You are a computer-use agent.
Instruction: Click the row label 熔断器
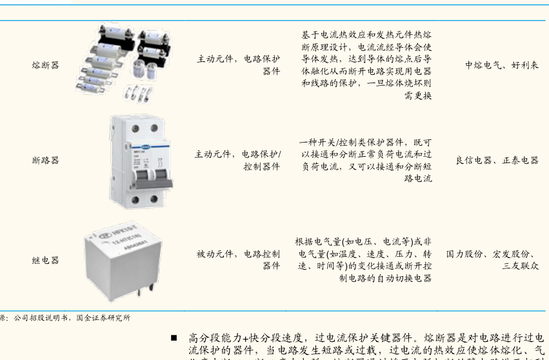coord(45,65)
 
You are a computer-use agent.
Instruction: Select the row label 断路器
coord(45,160)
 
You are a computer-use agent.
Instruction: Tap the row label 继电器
coord(45,260)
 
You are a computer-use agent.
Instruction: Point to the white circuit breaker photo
coord(141,161)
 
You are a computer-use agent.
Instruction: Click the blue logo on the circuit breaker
coord(137,146)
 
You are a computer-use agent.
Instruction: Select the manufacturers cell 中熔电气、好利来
coord(501,65)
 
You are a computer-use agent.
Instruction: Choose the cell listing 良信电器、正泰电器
coord(496,160)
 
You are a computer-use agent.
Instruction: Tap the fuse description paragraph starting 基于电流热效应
coord(366,65)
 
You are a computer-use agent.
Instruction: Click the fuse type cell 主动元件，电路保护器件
coord(239,65)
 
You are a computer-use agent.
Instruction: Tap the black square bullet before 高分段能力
coord(174,337)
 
